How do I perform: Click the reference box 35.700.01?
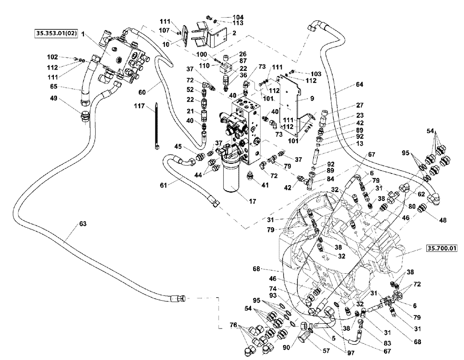pyautogui.click(x=441, y=249)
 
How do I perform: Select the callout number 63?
pyautogui.click(x=82, y=224)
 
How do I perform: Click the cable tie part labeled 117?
pyautogui.click(x=157, y=128)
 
